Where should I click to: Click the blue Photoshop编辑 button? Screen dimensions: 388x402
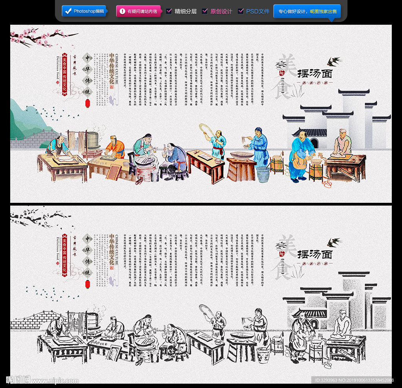point(84,11)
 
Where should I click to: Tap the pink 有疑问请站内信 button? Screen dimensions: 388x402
point(139,11)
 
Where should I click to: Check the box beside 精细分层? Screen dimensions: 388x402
point(169,11)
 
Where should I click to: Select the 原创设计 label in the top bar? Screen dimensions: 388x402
point(221,11)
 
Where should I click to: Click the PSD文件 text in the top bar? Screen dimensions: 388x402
point(258,11)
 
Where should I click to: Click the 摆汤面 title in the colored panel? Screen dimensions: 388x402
point(315,73)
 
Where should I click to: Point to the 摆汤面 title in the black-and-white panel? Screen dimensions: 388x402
point(315,254)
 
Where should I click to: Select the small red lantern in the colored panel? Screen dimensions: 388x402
point(88,103)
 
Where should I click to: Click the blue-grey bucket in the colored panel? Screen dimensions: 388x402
point(263,174)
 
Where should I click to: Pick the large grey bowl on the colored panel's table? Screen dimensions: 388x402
point(242,155)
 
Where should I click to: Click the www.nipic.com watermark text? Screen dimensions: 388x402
point(55,381)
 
